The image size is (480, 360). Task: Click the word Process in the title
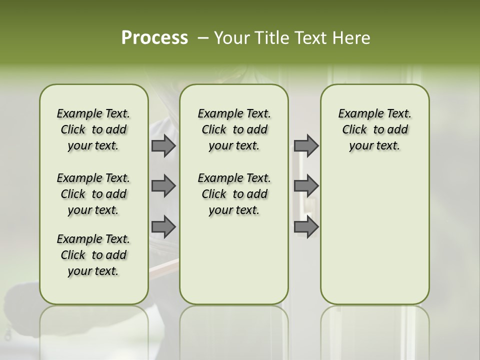pyautogui.click(x=154, y=38)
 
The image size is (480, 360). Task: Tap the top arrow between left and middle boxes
pyautogui.click(x=163, y=145)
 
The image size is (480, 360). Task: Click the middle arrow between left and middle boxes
pyautogui.click(x=163, y=186)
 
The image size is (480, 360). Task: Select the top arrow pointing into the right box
pyautogui.click(x=306, y=145)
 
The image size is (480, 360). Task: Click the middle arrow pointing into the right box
pyautogui.click(x=306, y=186)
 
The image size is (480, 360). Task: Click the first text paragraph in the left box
pyautogui.click(x=93, y=129)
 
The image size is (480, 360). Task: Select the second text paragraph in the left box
pyautogui.click(x=93, y=194)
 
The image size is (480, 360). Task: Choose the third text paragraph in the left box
pyautogui.click(x=93, y=255)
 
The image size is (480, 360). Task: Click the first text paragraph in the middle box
pyautogui.click(x=234, y=129)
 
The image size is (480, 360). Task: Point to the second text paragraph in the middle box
pyautogui.click(x=234, y=194)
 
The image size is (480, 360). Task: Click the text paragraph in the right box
pyautogui.click(x=374, y=129)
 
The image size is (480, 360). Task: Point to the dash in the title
pyautogui.click(x=202, y=38)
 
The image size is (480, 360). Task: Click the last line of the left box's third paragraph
pyautogui.click(x=93, y=271)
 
